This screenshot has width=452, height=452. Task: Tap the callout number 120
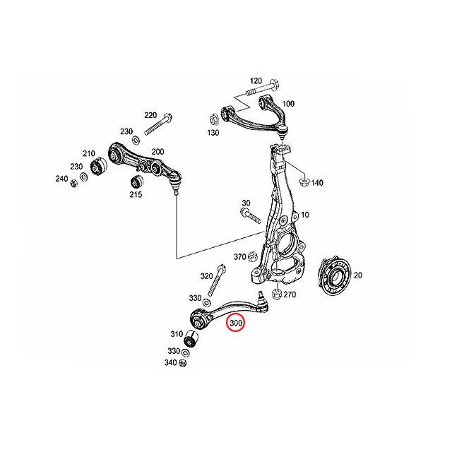point(256,81)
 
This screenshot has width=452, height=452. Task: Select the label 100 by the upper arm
point(287,104)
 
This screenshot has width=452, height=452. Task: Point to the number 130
point(213,133)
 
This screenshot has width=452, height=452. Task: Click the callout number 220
point(150,114)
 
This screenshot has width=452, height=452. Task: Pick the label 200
point(157,152)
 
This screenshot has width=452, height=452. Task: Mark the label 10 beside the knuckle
point(305,215)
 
